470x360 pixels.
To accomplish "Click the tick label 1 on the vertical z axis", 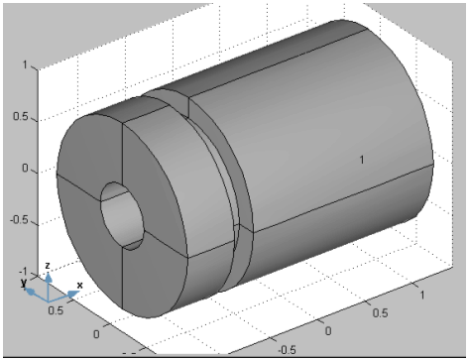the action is coord(25,64).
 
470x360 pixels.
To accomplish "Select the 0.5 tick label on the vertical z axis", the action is coord(21,116).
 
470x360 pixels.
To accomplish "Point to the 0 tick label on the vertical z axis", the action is coord(25,168).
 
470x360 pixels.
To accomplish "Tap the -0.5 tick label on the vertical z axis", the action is coord(19,220).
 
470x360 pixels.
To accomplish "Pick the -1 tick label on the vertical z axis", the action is coord(23,272).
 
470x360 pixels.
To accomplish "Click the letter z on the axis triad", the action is coord(48,266).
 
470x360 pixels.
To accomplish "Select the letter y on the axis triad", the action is coord(24,283).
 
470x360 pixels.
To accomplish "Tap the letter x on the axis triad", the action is coord(79,285).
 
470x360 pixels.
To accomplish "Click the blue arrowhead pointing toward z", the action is coord(49,277).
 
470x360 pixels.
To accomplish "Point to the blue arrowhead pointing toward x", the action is coord(73,295).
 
